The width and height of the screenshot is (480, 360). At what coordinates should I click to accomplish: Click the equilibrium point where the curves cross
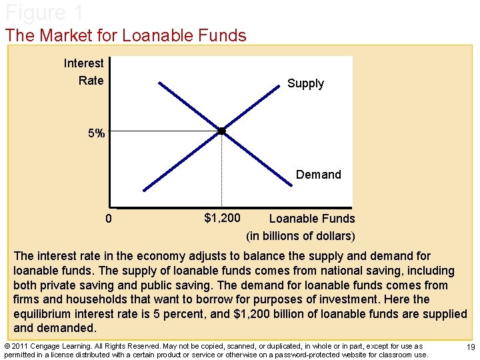222,131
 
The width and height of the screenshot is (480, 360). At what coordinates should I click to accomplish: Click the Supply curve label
305,83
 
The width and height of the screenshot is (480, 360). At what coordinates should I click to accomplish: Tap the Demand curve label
318,175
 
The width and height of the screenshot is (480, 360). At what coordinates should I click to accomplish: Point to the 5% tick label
97,133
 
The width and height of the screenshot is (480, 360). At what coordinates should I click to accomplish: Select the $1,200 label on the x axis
222,217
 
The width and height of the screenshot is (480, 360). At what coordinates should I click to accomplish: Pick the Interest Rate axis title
85,72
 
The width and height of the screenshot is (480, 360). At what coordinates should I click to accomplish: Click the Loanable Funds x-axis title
311,219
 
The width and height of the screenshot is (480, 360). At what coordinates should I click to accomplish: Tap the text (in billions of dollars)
301,236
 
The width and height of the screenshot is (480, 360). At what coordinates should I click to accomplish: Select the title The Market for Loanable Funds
126,35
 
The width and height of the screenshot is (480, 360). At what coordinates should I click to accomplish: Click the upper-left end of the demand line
161,82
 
